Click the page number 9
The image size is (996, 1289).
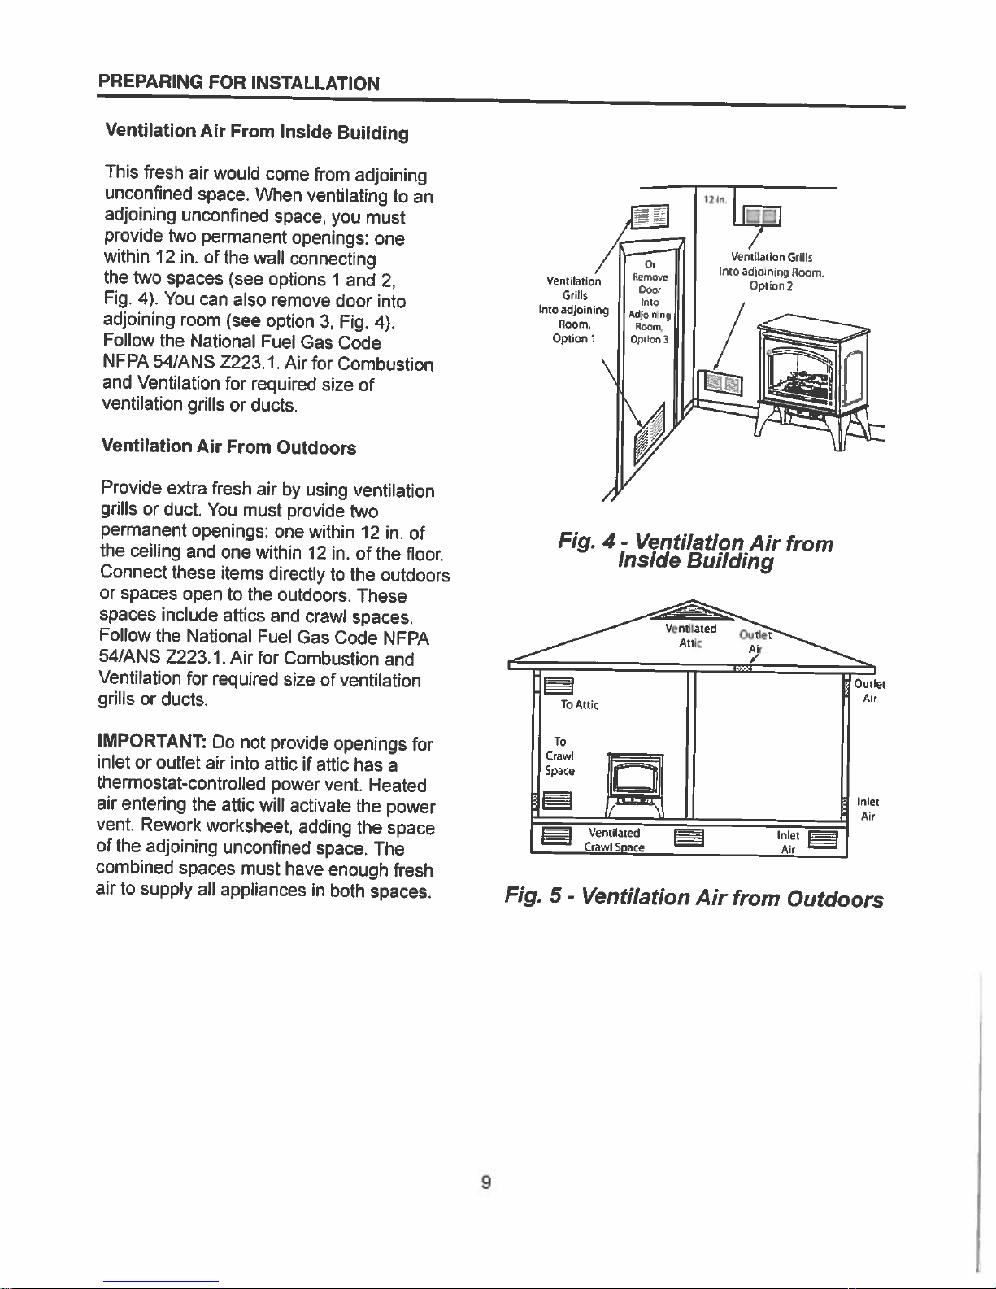(485, 1182)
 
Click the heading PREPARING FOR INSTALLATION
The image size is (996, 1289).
(239, 82)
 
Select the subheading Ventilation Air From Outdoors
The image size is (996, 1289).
(228, 446)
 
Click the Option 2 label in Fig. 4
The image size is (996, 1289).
(771, 286)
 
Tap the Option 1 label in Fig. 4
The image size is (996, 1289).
(573, 338)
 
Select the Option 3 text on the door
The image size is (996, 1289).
(649, 339)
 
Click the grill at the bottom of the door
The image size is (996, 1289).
(649, 433)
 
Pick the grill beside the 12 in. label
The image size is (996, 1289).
(761, 216)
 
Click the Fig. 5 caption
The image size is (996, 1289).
(694, 897)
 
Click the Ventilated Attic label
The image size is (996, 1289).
(690, 635)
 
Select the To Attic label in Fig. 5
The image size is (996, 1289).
(579, 705)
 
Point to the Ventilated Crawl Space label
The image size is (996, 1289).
(614, 840)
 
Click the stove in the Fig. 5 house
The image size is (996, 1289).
(635, 786)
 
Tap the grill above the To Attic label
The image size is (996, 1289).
(559, 686)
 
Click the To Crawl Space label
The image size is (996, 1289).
(559, 756)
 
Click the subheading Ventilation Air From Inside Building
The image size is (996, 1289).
(257, 131)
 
